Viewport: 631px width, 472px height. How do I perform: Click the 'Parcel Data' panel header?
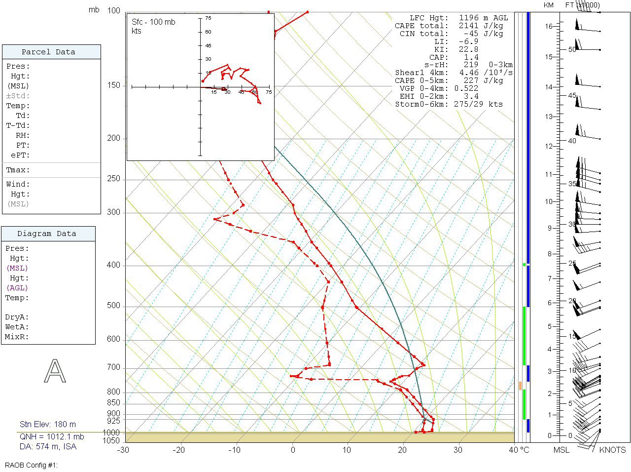(48, 52)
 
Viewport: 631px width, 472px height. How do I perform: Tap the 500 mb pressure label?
(113, 306)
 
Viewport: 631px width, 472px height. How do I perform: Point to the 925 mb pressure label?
(113, 421)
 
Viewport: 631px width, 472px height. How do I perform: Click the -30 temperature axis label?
(123, 450)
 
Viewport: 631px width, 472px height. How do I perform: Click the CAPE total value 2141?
(464, 26)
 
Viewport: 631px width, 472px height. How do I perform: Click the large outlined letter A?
(55, 371)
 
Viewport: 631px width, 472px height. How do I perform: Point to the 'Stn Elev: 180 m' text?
(48, 424)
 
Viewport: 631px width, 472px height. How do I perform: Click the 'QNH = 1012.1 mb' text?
(52, 436)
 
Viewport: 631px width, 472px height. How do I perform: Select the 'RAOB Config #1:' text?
(32, 465)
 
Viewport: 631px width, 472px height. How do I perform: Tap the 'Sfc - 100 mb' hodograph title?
(153, 22)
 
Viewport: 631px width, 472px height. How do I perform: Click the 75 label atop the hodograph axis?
(208, 18)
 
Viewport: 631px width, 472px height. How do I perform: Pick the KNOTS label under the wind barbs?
(612, 450)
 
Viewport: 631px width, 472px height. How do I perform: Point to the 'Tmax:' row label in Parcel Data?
(18, 170)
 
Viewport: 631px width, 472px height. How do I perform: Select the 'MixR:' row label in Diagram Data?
(17, 337)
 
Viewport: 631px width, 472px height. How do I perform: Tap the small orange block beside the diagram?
(520, 386)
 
